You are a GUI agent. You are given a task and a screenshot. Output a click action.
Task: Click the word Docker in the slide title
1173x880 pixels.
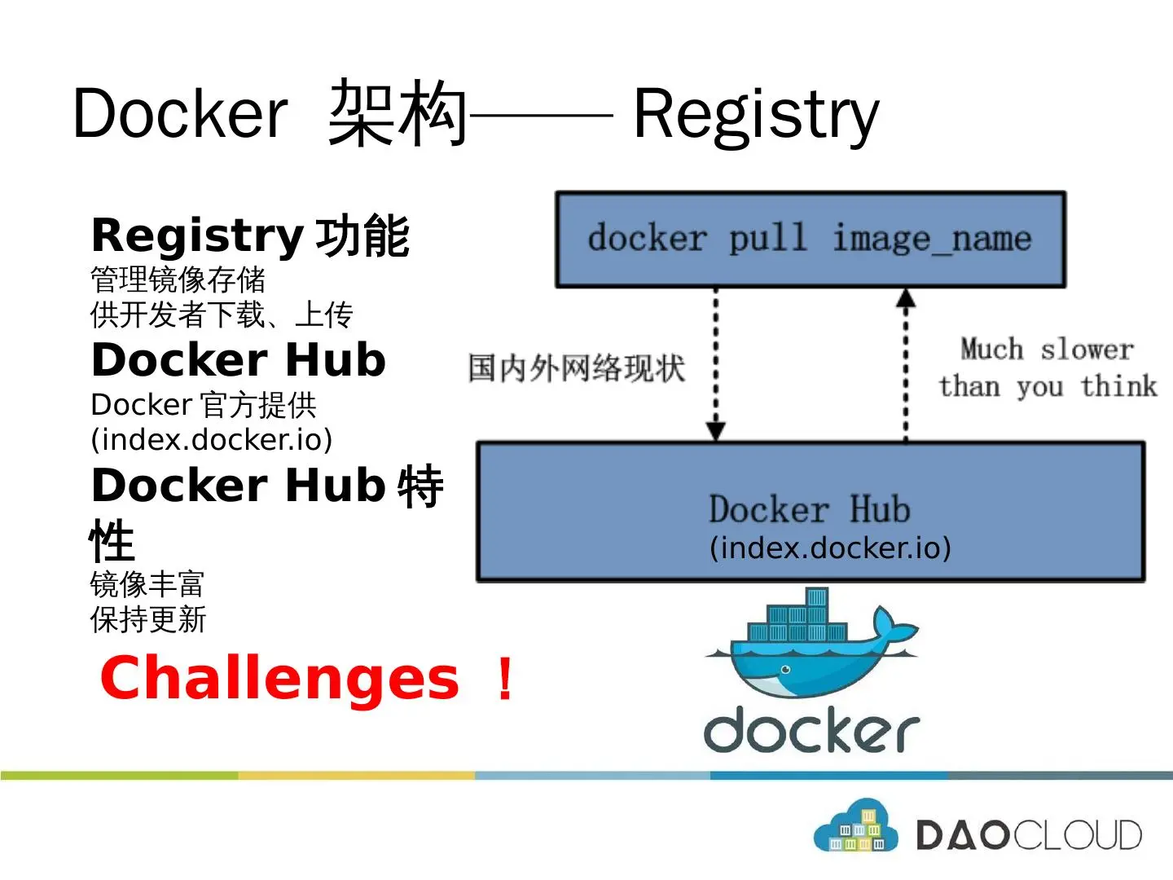click(x=180, y=114)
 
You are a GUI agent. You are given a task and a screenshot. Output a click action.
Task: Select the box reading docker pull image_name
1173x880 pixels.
click(x=810, y=240)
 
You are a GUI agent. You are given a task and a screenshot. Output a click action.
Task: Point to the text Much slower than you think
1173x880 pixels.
click(x=1047, y=367)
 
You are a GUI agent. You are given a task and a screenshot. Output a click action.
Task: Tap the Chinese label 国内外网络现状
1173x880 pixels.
click(x=577, y=367)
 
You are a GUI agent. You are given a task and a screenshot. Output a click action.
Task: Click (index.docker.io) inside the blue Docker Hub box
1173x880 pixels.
click(x=830, y=548)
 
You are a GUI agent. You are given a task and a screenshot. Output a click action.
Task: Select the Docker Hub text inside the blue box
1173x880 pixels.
click(x=809, y=509)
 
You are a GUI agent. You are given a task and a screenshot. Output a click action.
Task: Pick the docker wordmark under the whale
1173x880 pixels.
click(x=811, y=730)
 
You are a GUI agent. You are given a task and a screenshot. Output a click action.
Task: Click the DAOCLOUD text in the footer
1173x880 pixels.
click(x=1029, y=835)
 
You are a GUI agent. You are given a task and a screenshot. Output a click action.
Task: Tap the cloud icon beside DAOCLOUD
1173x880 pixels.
click(x=855, y=827)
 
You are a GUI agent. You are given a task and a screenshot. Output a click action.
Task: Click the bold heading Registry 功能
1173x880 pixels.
click(x=250, y=236)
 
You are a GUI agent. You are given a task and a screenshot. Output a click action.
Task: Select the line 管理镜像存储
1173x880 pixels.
click(x=178, y=279)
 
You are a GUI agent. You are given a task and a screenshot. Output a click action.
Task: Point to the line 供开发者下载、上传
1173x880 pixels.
click(x=222, y=315)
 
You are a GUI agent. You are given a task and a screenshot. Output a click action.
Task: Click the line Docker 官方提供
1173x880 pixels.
click(x=204, y=405)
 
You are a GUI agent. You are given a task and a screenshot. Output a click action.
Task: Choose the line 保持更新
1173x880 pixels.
click(x=148, y=620)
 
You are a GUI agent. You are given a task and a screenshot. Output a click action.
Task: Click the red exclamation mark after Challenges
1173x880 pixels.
click(x=505, y=680)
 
